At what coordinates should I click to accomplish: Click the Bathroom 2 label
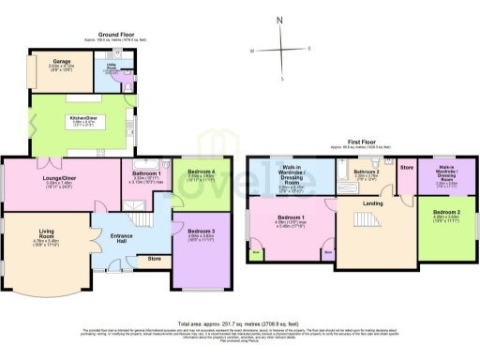[x=365, y=172]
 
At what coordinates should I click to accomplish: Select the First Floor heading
[x=360, y=142]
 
